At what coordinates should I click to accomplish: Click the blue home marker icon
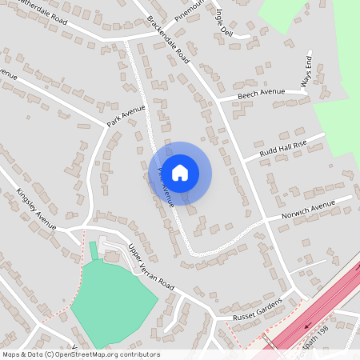pos(180,172)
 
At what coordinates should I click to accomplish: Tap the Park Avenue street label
pos(126,115)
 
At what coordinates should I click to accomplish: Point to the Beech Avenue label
pos(262,94)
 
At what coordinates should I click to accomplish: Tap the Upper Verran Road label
pos(151,268)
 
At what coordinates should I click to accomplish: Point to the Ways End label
pos(305,73)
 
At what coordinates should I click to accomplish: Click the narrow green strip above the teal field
pos(94,251)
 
